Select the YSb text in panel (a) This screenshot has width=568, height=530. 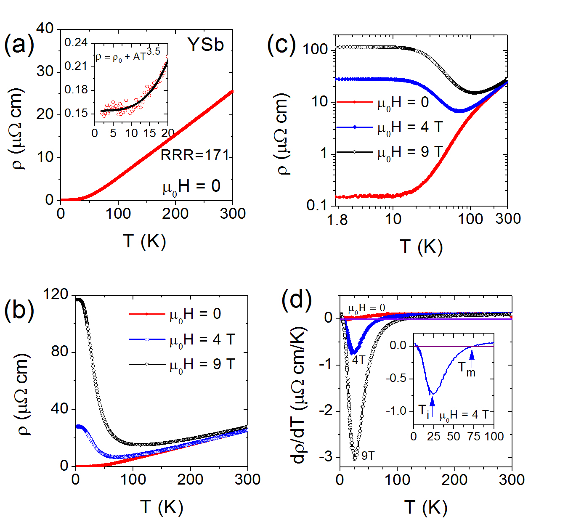pyautogui.click(x=205, y=45)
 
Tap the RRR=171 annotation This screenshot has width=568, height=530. pyautogui.click(x=194, y=155)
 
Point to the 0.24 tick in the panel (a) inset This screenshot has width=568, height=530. pyautogui.click(x=76, y=42)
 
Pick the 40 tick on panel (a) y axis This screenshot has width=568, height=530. pyautogui.click(x=45, y=29)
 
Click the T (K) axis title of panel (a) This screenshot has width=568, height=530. pyautogui.click(x=145, y=241)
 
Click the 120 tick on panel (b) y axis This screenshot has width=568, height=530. pyautogui.click(x=56, y=294)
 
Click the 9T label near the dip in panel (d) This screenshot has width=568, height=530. pyautogui.click(x=368, y=456)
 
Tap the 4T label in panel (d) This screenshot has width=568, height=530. pyautogui.click(x=358, y=360)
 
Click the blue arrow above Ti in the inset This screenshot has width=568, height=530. pyautogui.click(x=432, y=400)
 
